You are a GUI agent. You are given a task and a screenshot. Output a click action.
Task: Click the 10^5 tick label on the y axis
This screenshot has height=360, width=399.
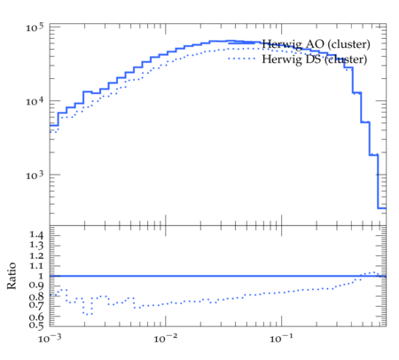[35, 27]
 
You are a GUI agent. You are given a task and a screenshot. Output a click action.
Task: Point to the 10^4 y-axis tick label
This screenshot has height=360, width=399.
[35, 101]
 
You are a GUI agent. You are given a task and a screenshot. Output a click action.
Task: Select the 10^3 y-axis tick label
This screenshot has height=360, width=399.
[35, 175]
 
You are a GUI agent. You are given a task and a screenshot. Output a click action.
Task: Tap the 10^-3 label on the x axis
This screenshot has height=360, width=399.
[50, 338]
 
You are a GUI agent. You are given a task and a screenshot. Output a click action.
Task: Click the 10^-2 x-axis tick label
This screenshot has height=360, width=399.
[166, 338]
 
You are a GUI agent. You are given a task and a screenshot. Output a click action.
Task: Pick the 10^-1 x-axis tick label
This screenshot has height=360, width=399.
[281, 338]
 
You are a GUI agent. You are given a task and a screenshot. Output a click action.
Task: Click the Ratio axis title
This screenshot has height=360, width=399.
[12, 276]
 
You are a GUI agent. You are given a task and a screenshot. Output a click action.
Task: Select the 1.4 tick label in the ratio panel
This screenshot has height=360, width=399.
[36, 235]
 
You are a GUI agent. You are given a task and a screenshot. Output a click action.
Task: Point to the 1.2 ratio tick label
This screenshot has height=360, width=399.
[36, 255]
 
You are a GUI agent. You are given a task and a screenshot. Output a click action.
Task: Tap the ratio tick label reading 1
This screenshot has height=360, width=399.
[41, 276]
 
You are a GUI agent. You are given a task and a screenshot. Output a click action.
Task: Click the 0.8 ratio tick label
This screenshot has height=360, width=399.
[36, 296]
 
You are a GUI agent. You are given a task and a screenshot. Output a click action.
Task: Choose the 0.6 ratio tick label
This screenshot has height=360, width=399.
[36, 317]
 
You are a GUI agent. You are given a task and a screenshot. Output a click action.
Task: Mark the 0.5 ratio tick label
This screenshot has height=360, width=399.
[36, 325]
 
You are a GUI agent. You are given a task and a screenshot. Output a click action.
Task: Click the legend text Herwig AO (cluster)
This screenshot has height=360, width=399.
[316, 44]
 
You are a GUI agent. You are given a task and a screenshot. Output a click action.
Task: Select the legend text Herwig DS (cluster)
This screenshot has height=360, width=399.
[315, 59]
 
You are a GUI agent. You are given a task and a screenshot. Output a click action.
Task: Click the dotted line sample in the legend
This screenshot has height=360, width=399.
[242, 59]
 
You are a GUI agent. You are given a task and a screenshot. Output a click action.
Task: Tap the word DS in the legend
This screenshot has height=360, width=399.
[313, 59]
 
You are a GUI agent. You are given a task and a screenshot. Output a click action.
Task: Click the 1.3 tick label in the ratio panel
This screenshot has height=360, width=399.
[36, 245]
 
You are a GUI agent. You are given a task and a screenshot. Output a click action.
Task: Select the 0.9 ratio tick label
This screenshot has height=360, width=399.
[36, 286]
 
